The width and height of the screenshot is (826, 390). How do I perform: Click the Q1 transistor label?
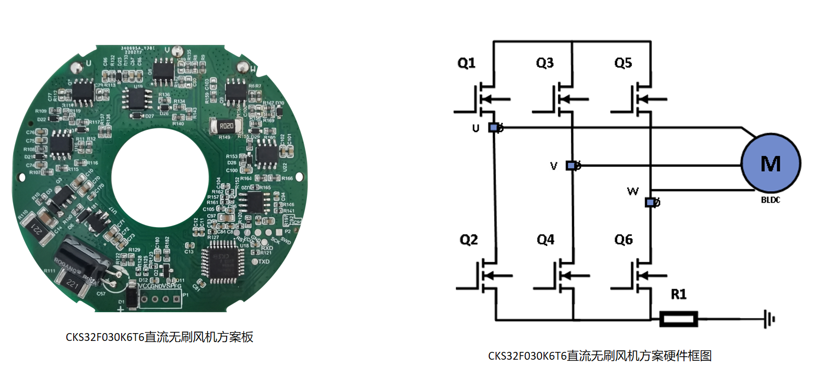[x=466, y=63]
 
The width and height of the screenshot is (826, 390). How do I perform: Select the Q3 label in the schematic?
[x=545, y=63]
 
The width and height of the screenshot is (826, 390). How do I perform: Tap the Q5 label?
[x=623, y=63]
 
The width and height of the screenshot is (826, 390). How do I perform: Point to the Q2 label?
[x=468, y=240]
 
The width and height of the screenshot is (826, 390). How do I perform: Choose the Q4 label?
[x=546, y=240]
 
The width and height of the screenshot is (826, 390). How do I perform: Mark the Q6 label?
[x=623, y=240]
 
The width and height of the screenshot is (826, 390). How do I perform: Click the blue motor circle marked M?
[x=771, y=163]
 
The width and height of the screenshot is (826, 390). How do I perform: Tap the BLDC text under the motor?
[x=770, y=200]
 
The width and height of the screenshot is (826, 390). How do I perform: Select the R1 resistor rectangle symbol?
[x=678, y=318]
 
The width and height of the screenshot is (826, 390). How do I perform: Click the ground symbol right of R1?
[x=769, y=318]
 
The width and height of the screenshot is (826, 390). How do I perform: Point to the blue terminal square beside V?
[x=571, y=166]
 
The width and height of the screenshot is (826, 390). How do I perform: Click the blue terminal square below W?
[x=650, y=203]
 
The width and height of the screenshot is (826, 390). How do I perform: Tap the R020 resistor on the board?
[x=226, y=126]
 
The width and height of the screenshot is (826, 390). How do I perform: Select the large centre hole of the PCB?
[x=160, y=178]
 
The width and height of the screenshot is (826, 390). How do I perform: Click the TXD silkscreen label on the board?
[x=264, y=262]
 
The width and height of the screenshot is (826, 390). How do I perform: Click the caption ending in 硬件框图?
[x=599, y=356]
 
